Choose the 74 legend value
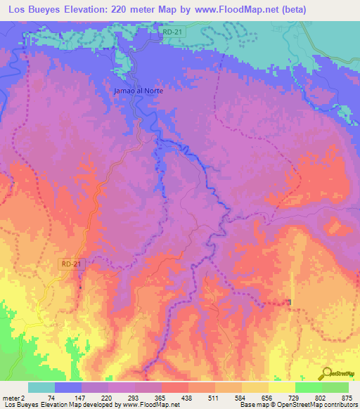point(51,397)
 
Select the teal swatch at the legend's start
point(41,387)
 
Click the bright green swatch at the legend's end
point(335,387)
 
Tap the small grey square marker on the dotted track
point(290,302)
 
